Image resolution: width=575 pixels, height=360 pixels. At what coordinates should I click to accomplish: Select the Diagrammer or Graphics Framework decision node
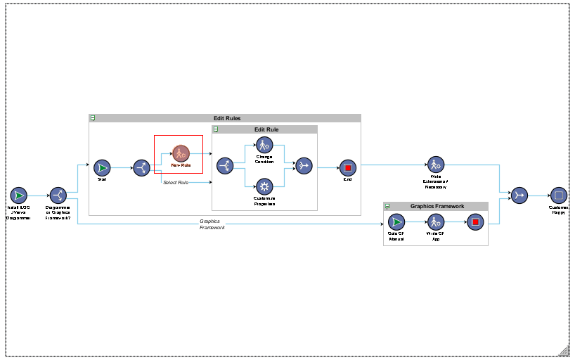(x=58, y=195)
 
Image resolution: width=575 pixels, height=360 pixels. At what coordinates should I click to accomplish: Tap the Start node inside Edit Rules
(x=102, y=167)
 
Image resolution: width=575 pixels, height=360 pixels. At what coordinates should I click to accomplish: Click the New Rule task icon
(x=181, y=153)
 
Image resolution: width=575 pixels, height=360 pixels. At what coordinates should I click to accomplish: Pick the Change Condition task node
(x=264, y=145)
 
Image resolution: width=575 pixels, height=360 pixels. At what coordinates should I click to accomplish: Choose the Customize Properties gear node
(x=264, y=186)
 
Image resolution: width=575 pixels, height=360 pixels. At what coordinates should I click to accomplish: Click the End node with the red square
(x=347, y=167)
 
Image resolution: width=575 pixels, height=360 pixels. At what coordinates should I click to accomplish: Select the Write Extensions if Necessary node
(x=436, y=165)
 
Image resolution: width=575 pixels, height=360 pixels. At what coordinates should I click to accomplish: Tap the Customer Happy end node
(x=558, y=195)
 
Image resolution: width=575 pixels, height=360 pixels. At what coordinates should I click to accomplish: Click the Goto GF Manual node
(x=396, y=223)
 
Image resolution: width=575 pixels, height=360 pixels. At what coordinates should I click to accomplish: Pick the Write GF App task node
(x=436, y=223)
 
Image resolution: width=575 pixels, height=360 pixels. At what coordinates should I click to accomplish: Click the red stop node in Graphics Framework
(x=475, y=223)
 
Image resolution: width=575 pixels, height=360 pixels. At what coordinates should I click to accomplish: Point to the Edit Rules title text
(x=227, y=118)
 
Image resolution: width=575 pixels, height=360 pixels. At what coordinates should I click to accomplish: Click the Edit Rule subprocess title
(x=266, y=129)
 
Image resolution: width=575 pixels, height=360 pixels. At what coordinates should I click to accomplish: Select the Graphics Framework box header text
(x=437, y=206)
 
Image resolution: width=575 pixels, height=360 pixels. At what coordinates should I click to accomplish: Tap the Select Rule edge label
(x=176, y=183)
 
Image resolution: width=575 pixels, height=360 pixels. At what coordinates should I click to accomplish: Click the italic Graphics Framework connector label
(x=212, y=224)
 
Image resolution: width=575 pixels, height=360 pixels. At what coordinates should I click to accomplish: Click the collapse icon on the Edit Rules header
(x=93, y=118)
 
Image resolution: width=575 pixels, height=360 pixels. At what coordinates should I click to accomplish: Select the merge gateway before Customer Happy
(x=519, y=195)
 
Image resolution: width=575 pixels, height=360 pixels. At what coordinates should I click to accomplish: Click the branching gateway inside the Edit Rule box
(x=225, y=166)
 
